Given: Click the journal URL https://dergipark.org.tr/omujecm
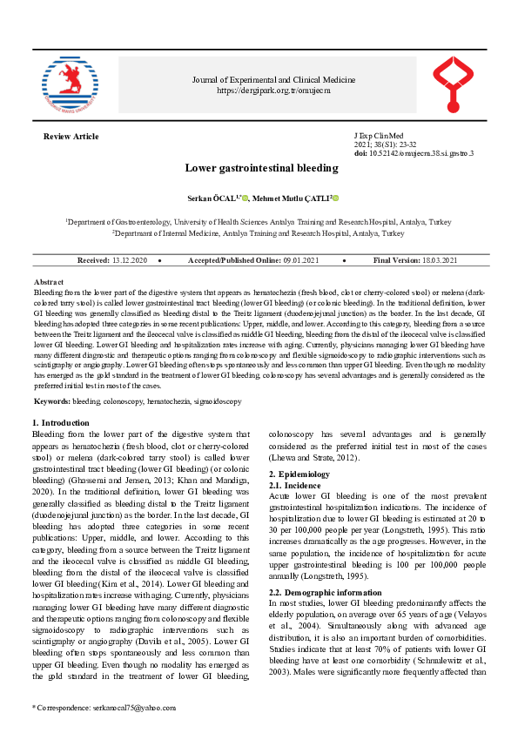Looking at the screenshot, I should click(x=273, y=90).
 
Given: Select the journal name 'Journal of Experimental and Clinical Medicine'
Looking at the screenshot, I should click(x=273, y=80).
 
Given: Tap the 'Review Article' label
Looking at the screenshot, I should click(x=71, y=137).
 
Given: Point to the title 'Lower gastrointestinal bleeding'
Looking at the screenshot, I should click(x=261, y=167).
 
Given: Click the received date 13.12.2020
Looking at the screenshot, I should click(x=130, y=260).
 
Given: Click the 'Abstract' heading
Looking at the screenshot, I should click(x=48, y=283).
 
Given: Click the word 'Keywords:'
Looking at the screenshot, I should click(x=52, y=401).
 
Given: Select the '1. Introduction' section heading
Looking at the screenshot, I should click(x=60, y=423).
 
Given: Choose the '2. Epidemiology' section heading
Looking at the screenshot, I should click(x=299, y=474).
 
